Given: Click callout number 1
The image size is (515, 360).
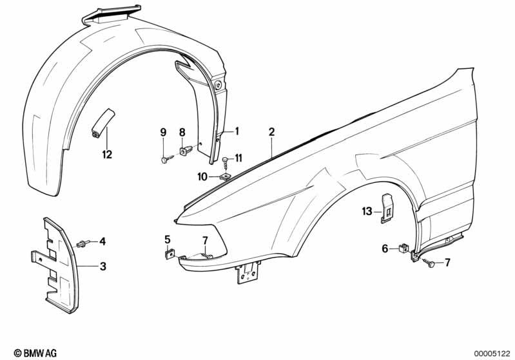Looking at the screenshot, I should click(x=237, y=131).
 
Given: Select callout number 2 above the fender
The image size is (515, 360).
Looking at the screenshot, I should click(x=271, y=131).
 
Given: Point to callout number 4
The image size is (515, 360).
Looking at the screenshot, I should click(x=101, y=242).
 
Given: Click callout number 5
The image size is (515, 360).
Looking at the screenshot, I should click(x=168, y=240).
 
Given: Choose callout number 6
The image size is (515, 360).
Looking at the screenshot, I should click(x=385, y=249).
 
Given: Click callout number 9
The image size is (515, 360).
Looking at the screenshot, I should click(x=163, y=132).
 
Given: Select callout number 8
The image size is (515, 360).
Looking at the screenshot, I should click(x=182, y=132).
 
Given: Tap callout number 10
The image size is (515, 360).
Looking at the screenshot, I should click(x=202, y=176).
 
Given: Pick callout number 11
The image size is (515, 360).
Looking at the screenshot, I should click(x=238, y=157).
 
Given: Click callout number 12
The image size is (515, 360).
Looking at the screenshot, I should click(x=106, y=154).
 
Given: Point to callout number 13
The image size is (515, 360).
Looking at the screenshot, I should click(x=367, y=211).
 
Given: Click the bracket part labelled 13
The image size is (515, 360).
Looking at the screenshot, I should click(x=388, y=207).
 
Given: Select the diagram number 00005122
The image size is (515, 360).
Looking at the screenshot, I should click(x=491, y=353).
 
